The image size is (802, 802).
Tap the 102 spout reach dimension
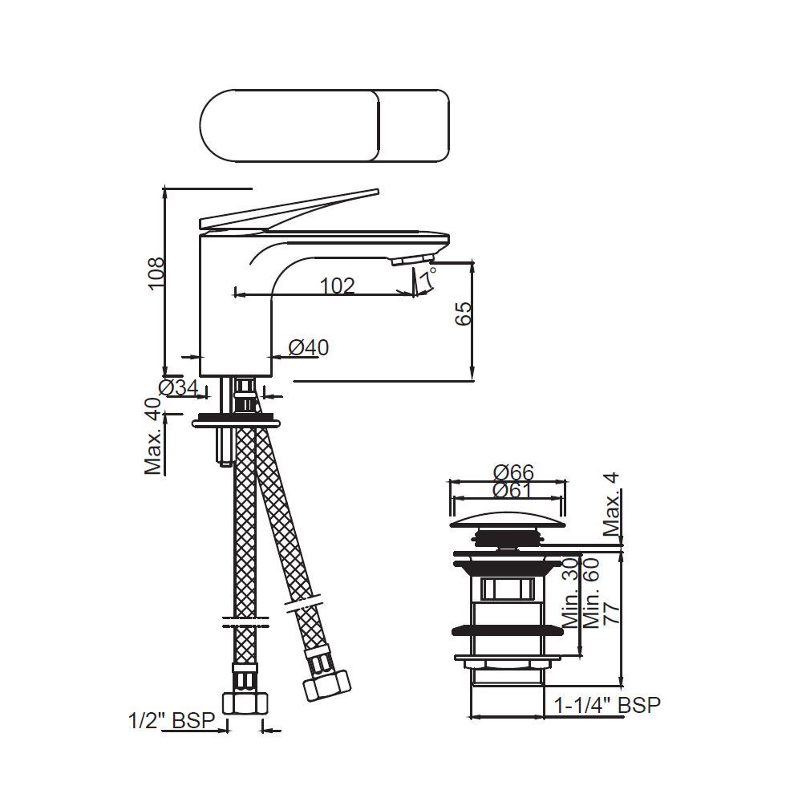point(337,286)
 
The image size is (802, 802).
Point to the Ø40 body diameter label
point(308,348)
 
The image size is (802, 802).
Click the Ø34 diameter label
point(179,388)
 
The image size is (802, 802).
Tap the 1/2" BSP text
point(172,720)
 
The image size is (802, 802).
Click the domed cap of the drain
point(508,517)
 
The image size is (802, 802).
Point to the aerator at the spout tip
point(411,260)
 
